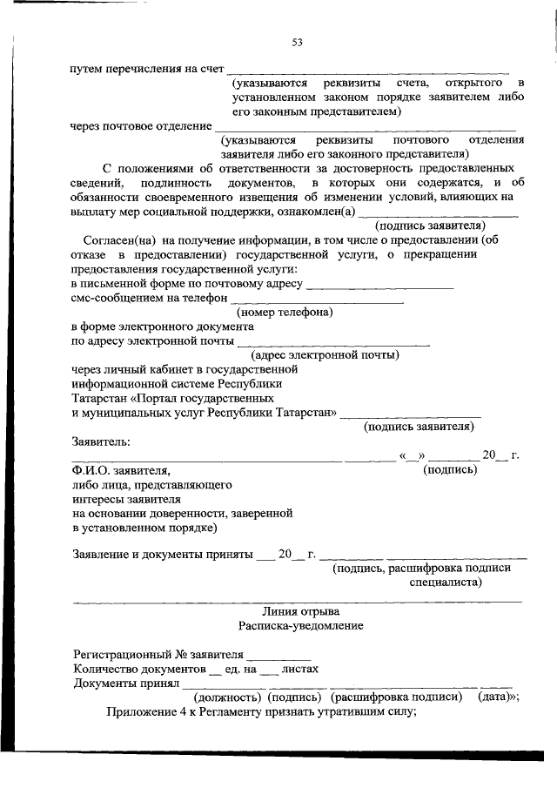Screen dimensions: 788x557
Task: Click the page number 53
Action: [x=297, y=42]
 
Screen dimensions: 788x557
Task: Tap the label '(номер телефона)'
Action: [x=285, y=312]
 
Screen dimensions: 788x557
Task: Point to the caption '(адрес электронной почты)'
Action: [x=325, y=354]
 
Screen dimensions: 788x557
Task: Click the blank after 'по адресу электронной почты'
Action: [x=333, y=344]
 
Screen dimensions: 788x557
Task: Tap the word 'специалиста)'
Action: [x=446, y=582]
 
